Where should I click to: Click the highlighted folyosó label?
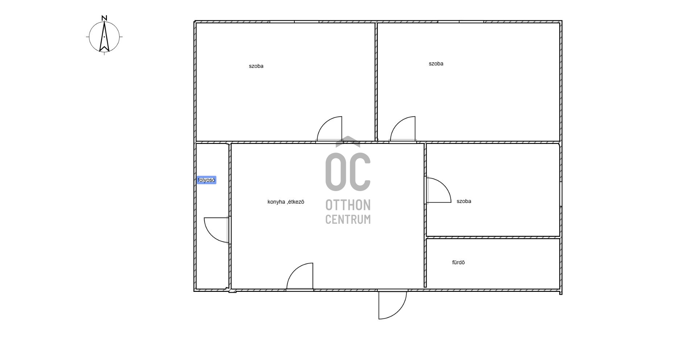pyautogui.click(x=206, y=180)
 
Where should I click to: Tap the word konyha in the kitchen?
pyautogui.click(x=276, y=202)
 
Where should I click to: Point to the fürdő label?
pyautogui.click(x=458, y=262)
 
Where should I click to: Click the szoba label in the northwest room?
pyautogui.click(x=256, y=66)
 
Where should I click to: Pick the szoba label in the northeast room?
pyautogui.click(x=436, y=64)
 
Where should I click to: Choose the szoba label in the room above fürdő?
pyautogui.click(x=464, y=201)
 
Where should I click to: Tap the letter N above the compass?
pyautogui.click(x=104, y=18)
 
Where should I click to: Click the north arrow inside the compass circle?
pyautogui.click(x=104, y=37)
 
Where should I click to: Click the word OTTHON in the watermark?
pyautogui.click(x=348, y=205)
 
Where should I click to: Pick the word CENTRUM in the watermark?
pyautogui.click(x=348, y=219)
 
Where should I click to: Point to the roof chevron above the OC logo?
pyautogui.click(x=348, y=141)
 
